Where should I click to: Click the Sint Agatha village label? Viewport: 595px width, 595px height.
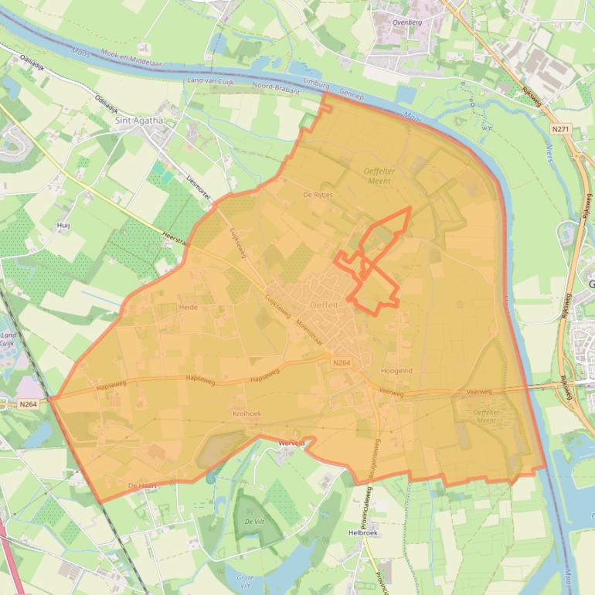(x=139, y=120)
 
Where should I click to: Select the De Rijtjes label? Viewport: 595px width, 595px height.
(x=318, y=195)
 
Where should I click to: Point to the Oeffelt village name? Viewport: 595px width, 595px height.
(x=324, y=304)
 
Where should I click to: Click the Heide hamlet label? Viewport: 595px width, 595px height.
(x=189, y=307)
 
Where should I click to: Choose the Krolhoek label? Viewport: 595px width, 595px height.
(x=246, y=413)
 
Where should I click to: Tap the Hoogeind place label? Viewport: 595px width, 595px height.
(x=396, y=371)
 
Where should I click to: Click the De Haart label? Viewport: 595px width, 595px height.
(x=142, y=485)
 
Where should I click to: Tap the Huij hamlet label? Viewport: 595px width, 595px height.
(x=63, y=225)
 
